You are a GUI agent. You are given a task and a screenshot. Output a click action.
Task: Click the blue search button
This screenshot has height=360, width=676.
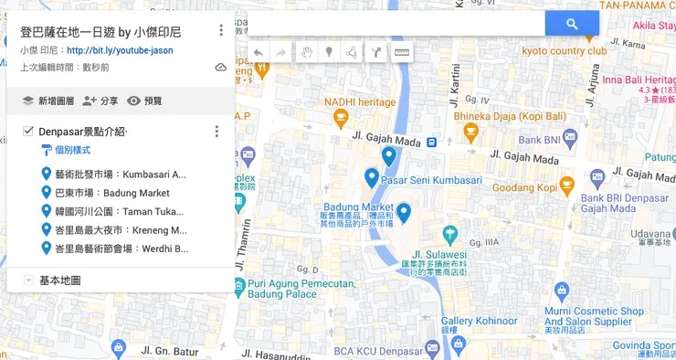coord(572,24)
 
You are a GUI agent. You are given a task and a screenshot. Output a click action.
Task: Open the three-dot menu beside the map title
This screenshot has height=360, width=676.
coord(220,30)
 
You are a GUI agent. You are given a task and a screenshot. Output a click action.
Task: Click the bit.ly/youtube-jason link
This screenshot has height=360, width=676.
coord(120,50)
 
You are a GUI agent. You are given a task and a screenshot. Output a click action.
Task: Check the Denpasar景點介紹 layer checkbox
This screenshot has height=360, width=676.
coord(27,132)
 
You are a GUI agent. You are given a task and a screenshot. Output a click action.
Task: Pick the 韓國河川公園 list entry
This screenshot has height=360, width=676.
coord(119,211)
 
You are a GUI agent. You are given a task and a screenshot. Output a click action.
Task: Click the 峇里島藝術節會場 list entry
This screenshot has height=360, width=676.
coord(121,248)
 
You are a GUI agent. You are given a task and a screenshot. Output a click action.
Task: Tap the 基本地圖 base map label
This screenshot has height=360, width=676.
coord(60,281)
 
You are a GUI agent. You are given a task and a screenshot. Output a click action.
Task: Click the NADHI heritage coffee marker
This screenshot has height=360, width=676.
coord(342,117)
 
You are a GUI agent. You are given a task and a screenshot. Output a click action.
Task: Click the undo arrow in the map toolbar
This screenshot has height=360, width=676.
coord(259,53)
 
